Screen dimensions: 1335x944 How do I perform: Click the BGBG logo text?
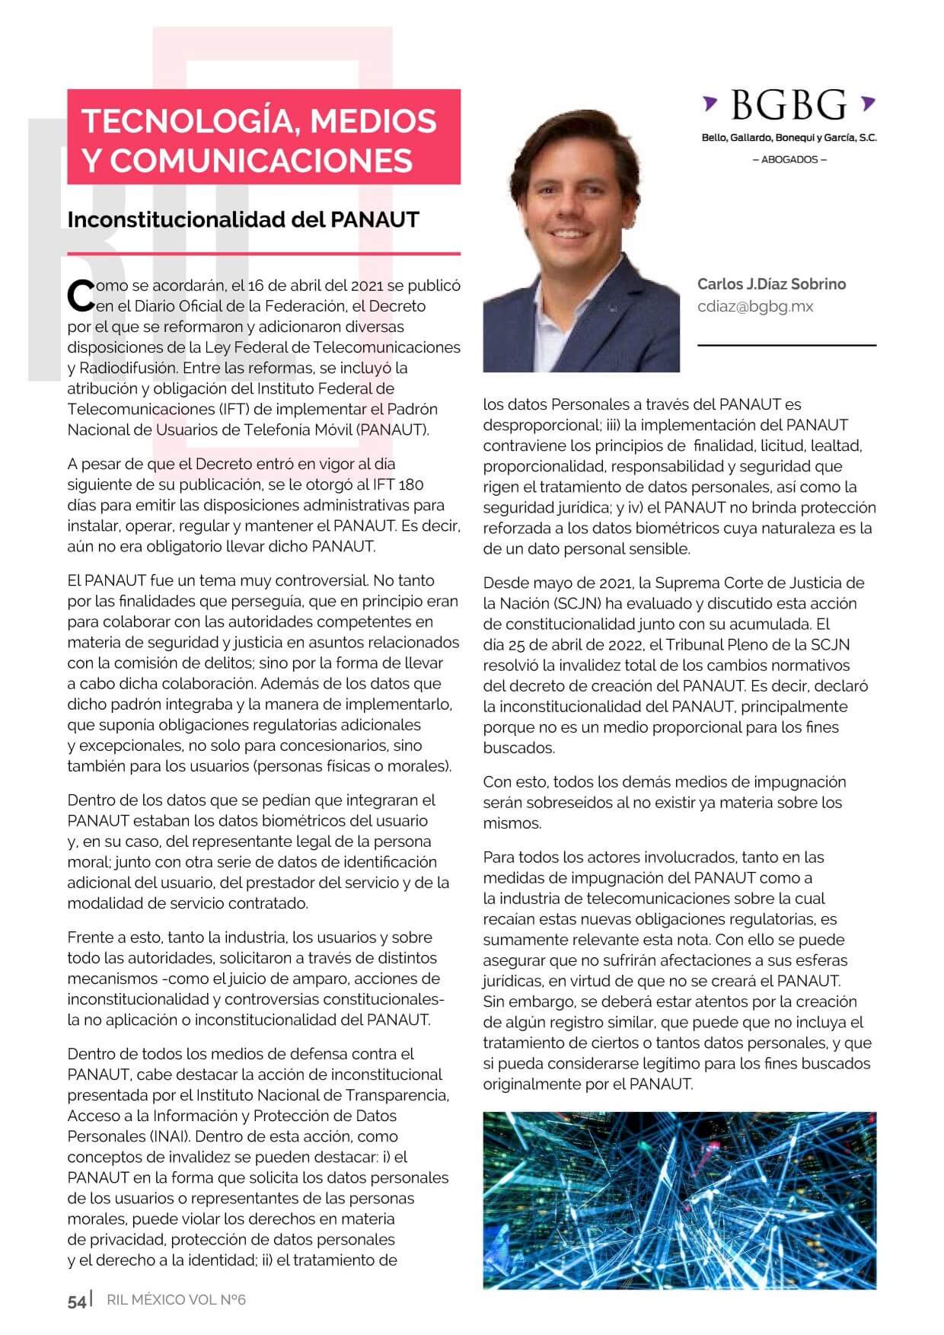[789, 105]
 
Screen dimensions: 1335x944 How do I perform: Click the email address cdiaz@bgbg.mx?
[755, 306]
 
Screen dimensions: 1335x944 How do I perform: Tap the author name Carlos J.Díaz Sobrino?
[771, 284]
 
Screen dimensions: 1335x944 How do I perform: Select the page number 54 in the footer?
[77, 1301]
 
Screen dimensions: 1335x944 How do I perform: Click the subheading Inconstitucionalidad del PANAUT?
[243, 219]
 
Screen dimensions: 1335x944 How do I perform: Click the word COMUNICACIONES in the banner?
[260, 160]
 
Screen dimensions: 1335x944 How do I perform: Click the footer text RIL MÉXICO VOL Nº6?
[176, 1300]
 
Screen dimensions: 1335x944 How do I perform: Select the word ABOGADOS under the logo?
[789, 160]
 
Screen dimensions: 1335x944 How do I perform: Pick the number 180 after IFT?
[410, 484]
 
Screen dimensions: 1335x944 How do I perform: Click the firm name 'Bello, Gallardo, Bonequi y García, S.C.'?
[789, 138]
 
